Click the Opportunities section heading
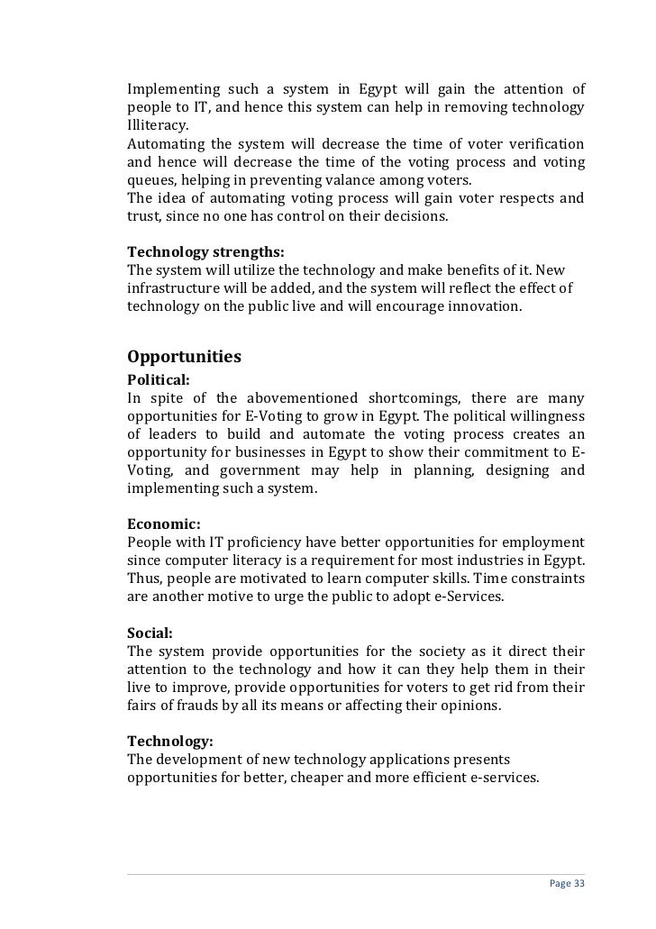[184, 357]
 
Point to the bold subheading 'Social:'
[150, 633]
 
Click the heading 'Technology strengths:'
[205, 251]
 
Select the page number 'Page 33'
[567, 884]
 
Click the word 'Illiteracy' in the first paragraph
[158, 126]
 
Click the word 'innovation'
[483, 306]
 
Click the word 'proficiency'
[260, 542]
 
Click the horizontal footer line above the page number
[356, 873]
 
